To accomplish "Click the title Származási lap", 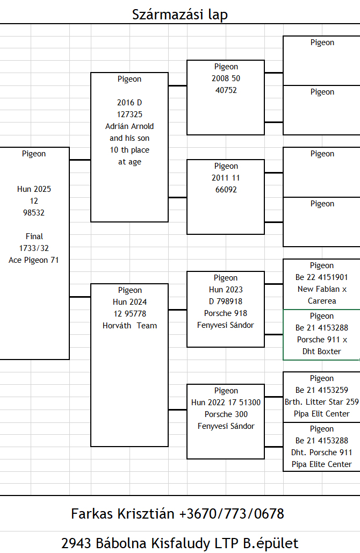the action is (180, 15).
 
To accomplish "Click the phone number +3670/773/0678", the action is (232, 514).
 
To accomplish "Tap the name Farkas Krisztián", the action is (123, 514).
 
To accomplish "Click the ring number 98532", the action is (34, 213).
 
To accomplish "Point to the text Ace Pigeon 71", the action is (34, 260).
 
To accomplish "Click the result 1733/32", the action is (34, 248).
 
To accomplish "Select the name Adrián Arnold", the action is (129, 126).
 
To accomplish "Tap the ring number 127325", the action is (129, 114).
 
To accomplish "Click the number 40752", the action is (226, 90).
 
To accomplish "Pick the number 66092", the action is (226, 190).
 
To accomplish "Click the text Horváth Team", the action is (129, 326).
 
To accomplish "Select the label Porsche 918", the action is (226, 313).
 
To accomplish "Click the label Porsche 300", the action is (226, 414).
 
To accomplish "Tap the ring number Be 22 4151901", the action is (321, 277).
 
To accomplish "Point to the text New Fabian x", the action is (322, 289).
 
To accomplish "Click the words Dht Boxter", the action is (321, 351).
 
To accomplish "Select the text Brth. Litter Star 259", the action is (321, 401).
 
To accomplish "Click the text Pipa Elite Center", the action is (321, 464).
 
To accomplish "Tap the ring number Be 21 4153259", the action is (321, 390).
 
